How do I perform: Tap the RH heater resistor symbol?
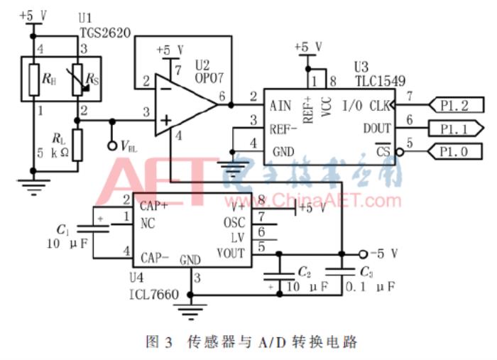click(x=33, y=79)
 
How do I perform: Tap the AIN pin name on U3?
click(x=281, y=107)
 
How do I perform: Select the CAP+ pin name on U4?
click(x=154, y=206)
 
